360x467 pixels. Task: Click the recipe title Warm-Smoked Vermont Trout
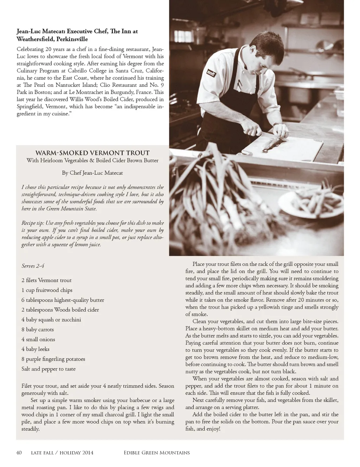[92, 153]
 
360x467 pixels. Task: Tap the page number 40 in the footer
[19, 453]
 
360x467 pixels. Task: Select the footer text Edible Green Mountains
[156, 453]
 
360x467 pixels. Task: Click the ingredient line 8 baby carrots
[38, 330]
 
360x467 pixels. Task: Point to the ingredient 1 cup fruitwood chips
[47, 290]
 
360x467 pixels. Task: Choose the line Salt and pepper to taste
[49, 369]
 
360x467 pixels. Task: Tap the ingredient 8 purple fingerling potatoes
[53, 359]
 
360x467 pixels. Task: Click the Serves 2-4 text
[33, 266]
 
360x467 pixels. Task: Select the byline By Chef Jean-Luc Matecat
[92, 173]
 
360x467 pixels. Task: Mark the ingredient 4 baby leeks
[35, 349]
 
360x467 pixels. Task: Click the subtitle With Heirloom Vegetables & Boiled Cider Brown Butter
[92, 161]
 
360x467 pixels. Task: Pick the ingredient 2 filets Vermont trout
[46, 280]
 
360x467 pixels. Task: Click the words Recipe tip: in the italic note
[33, 223]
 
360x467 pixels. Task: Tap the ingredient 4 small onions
[38, 339]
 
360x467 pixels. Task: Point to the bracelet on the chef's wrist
[277, 124]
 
